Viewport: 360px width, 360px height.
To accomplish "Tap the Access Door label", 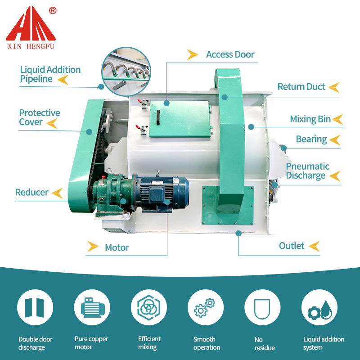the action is [230, 54].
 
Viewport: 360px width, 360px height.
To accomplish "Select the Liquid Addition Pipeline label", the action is [50, 74].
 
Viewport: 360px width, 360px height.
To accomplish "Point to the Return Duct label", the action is [301, 87].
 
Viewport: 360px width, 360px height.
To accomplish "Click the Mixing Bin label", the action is [310, 119].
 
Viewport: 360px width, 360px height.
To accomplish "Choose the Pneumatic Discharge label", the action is [307, 171].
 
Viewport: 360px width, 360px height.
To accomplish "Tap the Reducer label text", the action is [31, 193].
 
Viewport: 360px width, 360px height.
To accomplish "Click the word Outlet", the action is [292, 246].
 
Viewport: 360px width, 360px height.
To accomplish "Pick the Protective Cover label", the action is [39, 117].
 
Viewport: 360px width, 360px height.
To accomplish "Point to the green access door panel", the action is [180, 118].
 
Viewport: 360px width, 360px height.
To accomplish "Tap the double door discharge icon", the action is [35, 308].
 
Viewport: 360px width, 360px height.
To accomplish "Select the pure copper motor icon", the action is [92, 308].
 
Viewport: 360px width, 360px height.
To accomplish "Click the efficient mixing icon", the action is [149, 308].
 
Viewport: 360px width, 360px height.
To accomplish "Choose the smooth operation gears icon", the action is [205, 308].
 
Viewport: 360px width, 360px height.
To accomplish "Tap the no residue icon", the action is [262, 308].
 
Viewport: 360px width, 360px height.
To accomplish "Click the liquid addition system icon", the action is [319, 308].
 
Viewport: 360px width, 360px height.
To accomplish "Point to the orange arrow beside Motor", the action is [93, 247].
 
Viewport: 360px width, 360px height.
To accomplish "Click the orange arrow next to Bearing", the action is [335, 139].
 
